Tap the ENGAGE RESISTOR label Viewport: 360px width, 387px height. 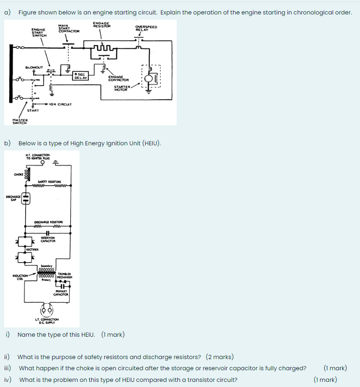[x=102, y=25]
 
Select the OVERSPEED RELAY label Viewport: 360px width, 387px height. [x=146, y=28]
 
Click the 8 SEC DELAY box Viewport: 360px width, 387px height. [x=80, y=76]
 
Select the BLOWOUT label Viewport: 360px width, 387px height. [x=34, y=67]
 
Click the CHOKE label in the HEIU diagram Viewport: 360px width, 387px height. [x=19, y=175]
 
